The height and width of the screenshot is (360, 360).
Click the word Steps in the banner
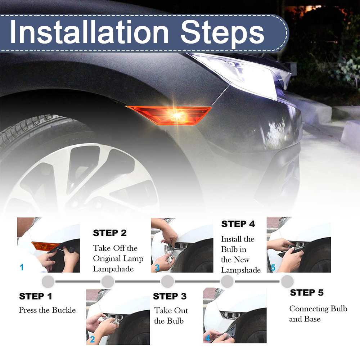222,33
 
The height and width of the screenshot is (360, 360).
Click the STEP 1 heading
36,296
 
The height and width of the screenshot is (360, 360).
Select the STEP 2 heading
110,233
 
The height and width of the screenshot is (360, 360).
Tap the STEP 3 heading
170,296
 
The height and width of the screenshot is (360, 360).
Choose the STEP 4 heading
238,224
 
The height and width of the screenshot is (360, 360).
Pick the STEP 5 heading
307,292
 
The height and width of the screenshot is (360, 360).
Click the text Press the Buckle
47,310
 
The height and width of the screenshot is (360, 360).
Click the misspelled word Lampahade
113,269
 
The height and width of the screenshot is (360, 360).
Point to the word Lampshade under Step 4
241,270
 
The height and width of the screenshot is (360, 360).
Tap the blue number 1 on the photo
22,267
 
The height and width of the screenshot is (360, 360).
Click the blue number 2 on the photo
92,339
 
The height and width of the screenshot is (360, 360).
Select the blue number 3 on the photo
157,267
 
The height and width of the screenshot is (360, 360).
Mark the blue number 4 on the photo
208,338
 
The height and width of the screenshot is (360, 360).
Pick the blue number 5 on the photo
273,267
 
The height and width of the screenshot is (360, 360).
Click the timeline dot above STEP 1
48,282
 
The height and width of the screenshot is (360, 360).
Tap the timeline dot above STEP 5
287,281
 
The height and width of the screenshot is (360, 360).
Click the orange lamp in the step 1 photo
44,246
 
